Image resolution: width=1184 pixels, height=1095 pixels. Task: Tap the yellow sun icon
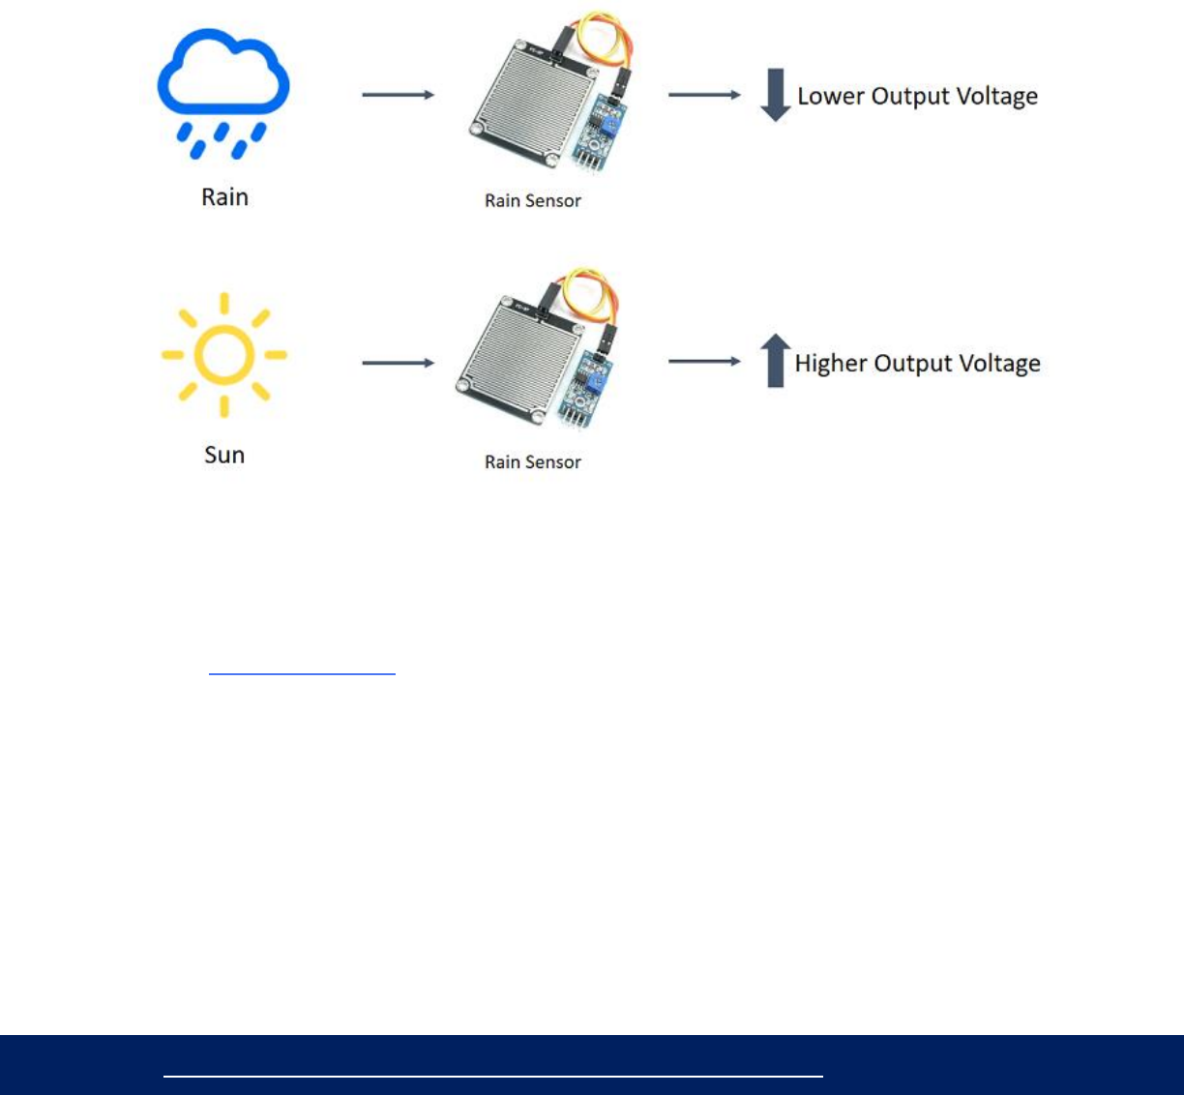pyautogui.click(x=223, y=354)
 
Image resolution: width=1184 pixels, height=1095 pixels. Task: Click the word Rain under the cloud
pyautogui.click(x=224, y=197)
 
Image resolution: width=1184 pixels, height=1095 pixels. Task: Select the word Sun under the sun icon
pyautogui.click(x=224, y=455)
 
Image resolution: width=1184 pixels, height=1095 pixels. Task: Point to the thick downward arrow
pyautogui.click(x=775, y=95)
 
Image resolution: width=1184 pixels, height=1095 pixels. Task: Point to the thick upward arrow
pyautogui.click(x=775, y=361)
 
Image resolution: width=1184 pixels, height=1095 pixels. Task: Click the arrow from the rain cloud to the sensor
pyautogui.click(x=398, y=95)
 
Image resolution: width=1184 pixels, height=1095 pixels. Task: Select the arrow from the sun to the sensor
pyautogui.click(x=398, y=363)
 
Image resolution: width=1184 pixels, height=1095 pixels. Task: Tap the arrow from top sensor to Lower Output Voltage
pyautogui.click(x=704, y=95)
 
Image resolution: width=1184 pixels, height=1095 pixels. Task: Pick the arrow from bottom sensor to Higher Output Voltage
pyautogui.click(x=704, y=362)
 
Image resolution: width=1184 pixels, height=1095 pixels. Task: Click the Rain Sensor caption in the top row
pyautogui.click(x=533, y=201)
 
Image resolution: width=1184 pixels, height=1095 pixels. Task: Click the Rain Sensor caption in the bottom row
pyautogui.click(x=533, y=462)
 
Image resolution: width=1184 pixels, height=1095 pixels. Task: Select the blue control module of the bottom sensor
pyautogui.click(x=584, y=392)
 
